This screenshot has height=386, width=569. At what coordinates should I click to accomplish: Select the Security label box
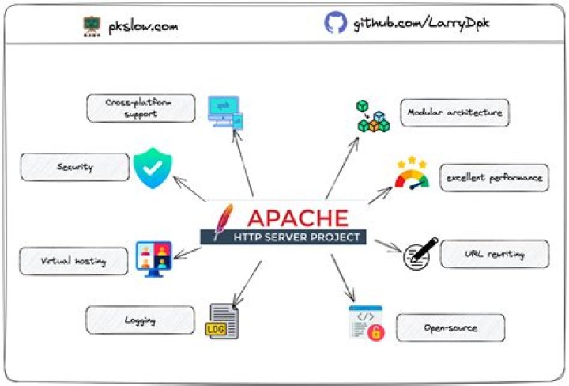coord(75,168)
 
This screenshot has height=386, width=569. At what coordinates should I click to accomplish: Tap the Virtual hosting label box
coord(73,260)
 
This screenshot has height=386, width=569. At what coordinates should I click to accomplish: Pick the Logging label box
coord(139,320)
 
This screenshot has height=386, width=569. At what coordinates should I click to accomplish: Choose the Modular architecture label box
coord(454,112)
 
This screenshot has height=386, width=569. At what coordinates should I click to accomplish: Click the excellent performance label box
coord(493,177)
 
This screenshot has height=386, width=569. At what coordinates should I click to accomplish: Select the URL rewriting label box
coord(494,254)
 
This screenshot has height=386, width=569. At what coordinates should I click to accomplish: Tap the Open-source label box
coord(449,327)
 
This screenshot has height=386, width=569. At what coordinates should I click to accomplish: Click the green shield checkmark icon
coord(152,167)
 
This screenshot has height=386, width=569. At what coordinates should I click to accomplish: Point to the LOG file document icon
coord(223,321)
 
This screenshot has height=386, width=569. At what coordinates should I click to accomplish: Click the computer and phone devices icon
coord(224,112)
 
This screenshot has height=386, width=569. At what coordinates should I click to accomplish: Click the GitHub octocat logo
coord(335,23)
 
